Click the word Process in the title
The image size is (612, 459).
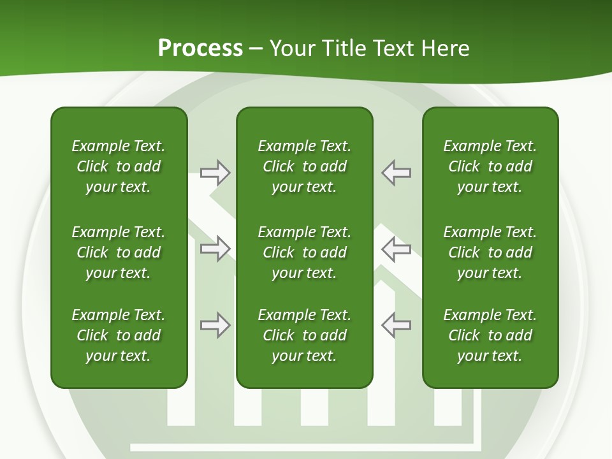click(x=200, y=48)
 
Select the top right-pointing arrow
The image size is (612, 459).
click(x=215, y=173)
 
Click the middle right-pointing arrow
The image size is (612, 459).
click(x=215, y=249)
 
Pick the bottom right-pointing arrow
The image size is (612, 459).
click(x=215, y=325)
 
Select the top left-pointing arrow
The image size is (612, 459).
click(x=396, y=173)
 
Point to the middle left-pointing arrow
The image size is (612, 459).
click(x=396, y=249)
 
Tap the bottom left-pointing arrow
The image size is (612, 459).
click(x=396, y=325)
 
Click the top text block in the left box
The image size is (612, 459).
click(x=119, y=166)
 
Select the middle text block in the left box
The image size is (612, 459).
click(x=119, y=252)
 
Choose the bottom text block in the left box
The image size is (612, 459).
click(x=119, y=335)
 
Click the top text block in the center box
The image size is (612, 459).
click(x=304, y=166)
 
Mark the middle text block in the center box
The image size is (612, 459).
click(x=304, y=252)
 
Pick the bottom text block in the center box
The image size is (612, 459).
click(x=304, y=335)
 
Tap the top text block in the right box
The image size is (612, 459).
click(x=490, y=166)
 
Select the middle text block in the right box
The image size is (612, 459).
click(x=490, y=252)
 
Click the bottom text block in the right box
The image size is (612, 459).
click(x=490, y=335)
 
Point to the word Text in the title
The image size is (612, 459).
click(x=393, y=48)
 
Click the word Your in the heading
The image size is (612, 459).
click(x=293, y=48)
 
